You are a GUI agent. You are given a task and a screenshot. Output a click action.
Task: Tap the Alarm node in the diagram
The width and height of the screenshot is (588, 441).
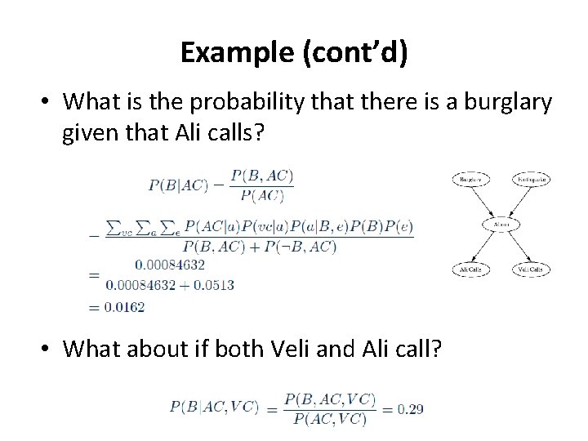[x=501, y=222]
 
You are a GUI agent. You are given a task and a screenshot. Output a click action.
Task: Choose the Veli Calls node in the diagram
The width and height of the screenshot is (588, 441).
[x=531, y=269]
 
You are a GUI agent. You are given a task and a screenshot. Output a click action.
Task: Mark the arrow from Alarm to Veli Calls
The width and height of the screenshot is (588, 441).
[x=516, y=245]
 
